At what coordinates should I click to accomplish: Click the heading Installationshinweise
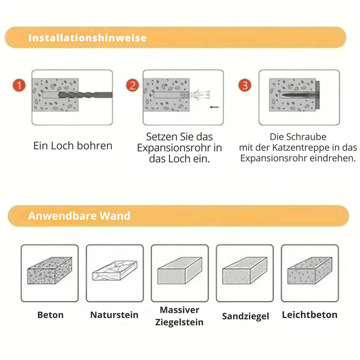87,38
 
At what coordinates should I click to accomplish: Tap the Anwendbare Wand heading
79,216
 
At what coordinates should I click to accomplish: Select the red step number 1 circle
19,86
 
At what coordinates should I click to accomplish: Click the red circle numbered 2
132,85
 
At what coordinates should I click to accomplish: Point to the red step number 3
245,85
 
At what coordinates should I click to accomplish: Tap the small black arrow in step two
215,107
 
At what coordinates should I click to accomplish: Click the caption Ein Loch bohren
73,146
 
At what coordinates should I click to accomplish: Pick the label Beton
50,315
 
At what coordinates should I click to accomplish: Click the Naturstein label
114,315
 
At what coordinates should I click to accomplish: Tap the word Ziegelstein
179,322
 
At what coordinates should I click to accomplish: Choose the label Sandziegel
245,316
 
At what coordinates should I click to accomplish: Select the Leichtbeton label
310,315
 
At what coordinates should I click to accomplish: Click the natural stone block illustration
114,272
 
